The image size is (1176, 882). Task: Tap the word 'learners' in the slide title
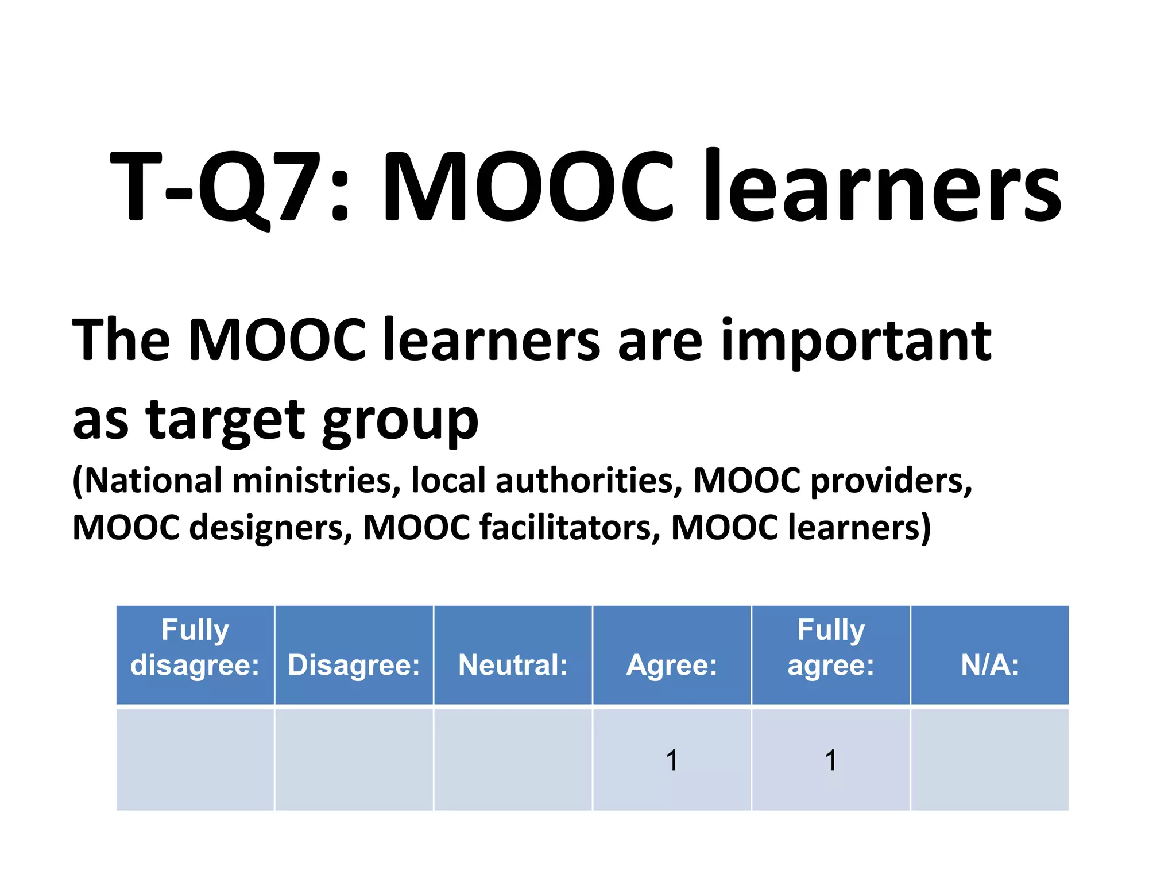pos(882,187)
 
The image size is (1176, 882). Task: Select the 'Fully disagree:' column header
pos(195,647)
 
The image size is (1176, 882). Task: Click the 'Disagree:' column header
pos(354,665)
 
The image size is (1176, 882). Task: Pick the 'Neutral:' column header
pos(513,665)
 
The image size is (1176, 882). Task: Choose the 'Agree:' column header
pos(672,665)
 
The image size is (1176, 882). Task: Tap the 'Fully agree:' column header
pos(831,647)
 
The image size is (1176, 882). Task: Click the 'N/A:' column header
pos(989,665)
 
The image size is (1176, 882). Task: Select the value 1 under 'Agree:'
pos(672,760)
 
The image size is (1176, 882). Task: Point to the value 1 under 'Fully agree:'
pos(831,760)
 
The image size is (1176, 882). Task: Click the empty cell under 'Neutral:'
pos(513,760)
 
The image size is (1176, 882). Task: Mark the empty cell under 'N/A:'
pos(989,760)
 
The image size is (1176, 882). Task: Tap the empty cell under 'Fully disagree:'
pos(195,760)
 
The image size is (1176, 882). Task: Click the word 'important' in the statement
pos(856,342)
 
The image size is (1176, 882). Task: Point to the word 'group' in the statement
pos(400,422)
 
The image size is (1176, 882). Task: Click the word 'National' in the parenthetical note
pos(152,480)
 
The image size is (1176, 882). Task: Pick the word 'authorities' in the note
pos(589,480)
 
